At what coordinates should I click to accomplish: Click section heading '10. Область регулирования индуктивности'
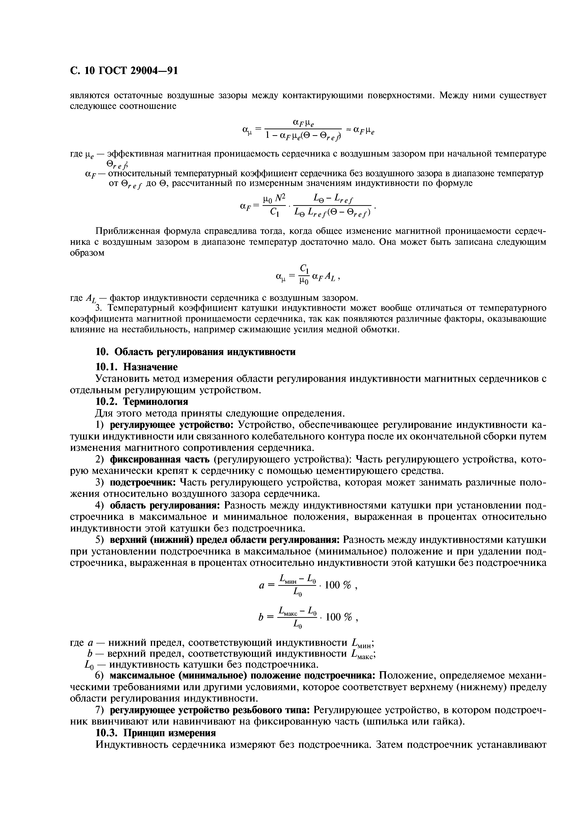tap(195, 352)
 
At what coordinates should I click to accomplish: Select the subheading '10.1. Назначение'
tap(136, 367)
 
